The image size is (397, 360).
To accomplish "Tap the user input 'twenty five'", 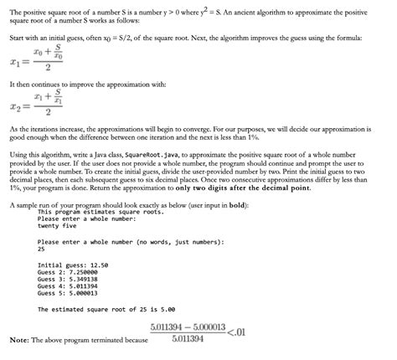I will pos(59,227).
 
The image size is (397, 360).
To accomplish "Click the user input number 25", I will pos(42,249).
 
